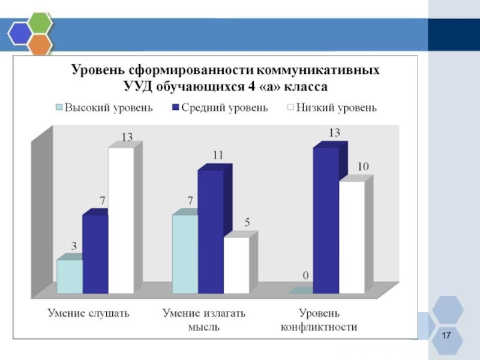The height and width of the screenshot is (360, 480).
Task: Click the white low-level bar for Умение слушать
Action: [121, 220]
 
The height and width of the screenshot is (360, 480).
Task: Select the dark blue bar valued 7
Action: [95, 254]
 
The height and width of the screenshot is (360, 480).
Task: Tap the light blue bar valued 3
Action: [69, 276]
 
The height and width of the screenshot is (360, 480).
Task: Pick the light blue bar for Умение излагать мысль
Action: [185, 254]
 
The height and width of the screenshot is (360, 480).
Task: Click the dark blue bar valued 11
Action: [211, 232]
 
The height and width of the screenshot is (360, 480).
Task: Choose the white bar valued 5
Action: [236, 265]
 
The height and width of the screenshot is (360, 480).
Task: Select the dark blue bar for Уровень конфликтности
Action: [326, 220]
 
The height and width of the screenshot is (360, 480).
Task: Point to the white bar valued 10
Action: [352, 237]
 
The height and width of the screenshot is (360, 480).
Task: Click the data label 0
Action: [305, 275]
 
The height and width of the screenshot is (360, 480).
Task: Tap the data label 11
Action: [217, 155]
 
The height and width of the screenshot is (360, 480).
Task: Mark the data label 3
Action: [74, 245]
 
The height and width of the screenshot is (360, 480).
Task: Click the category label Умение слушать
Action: [88, 313]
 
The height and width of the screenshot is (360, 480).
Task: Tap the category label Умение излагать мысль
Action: [204, 320]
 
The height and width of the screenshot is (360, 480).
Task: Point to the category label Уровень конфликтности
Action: [319, 320]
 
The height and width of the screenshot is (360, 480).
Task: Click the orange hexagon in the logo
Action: [40, 44]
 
